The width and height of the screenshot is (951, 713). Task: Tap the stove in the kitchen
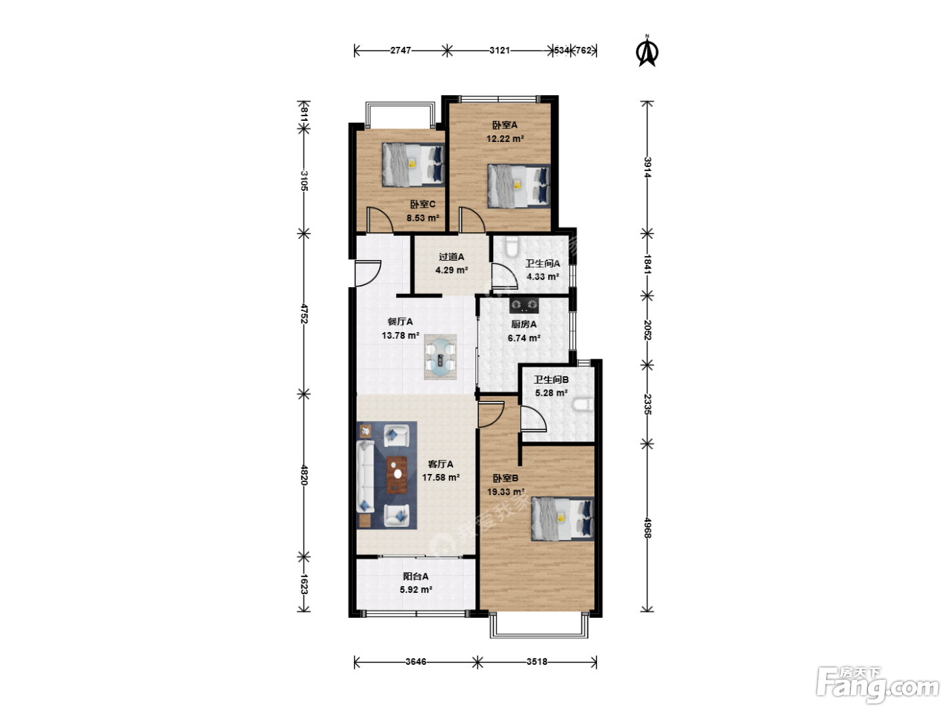pyautogui.click(x=524, y=305)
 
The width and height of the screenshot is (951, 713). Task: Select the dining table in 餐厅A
pyautogui.click(x=440, y=357)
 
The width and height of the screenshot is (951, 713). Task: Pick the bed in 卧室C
pyautogui.click(x=413, y=165)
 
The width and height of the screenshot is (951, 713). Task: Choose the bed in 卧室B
pyautogui.click(x=562, y=519)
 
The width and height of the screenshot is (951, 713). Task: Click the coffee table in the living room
pyautogui.click(x=397, y=475)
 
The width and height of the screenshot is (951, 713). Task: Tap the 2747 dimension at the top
pyautogui.click(x=400, y=50)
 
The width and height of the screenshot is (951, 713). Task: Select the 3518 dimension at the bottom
pyautogui.click(x=537, y=662)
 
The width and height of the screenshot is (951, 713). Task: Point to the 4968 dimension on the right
pyautogui.click(x=647, y=528)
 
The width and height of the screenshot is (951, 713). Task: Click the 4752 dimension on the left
pyautogui.click(x=304, y=314)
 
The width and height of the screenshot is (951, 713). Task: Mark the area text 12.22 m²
pyautogui.click(x=505, y=139)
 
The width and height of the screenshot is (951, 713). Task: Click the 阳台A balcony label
pyautogui.click(x=416, y=577)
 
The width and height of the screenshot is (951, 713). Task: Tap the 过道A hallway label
pyautogui.click(x=451, y=257)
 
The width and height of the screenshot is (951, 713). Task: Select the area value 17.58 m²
pyautogui.click(x=441, y=477)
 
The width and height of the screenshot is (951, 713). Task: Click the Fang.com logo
pyautogui.click(x=878, y=686)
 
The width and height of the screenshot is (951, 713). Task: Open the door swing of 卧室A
pyautogui.click(x=472, y=219)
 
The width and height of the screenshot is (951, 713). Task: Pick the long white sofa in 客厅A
pyautogui.click(x=365, y=477)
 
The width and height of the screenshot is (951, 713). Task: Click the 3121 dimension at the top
pyautogui.click(x=499, y=50)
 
